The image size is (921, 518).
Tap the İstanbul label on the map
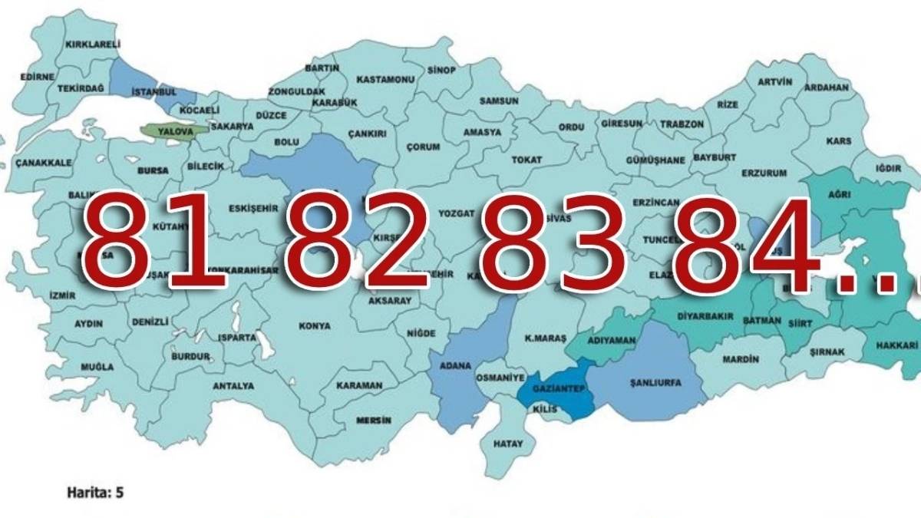tap(153, 92)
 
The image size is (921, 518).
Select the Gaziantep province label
tap(551, 390)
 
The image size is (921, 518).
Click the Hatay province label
tap(509, 444)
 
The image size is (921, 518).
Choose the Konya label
tap(315, 326)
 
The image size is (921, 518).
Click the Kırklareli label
tap(93, 45)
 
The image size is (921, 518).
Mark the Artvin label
tap(774, 82)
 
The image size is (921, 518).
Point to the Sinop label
tap(441, 71)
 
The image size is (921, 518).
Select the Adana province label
tap(455, 366)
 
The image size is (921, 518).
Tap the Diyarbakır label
tap(704, 316)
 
